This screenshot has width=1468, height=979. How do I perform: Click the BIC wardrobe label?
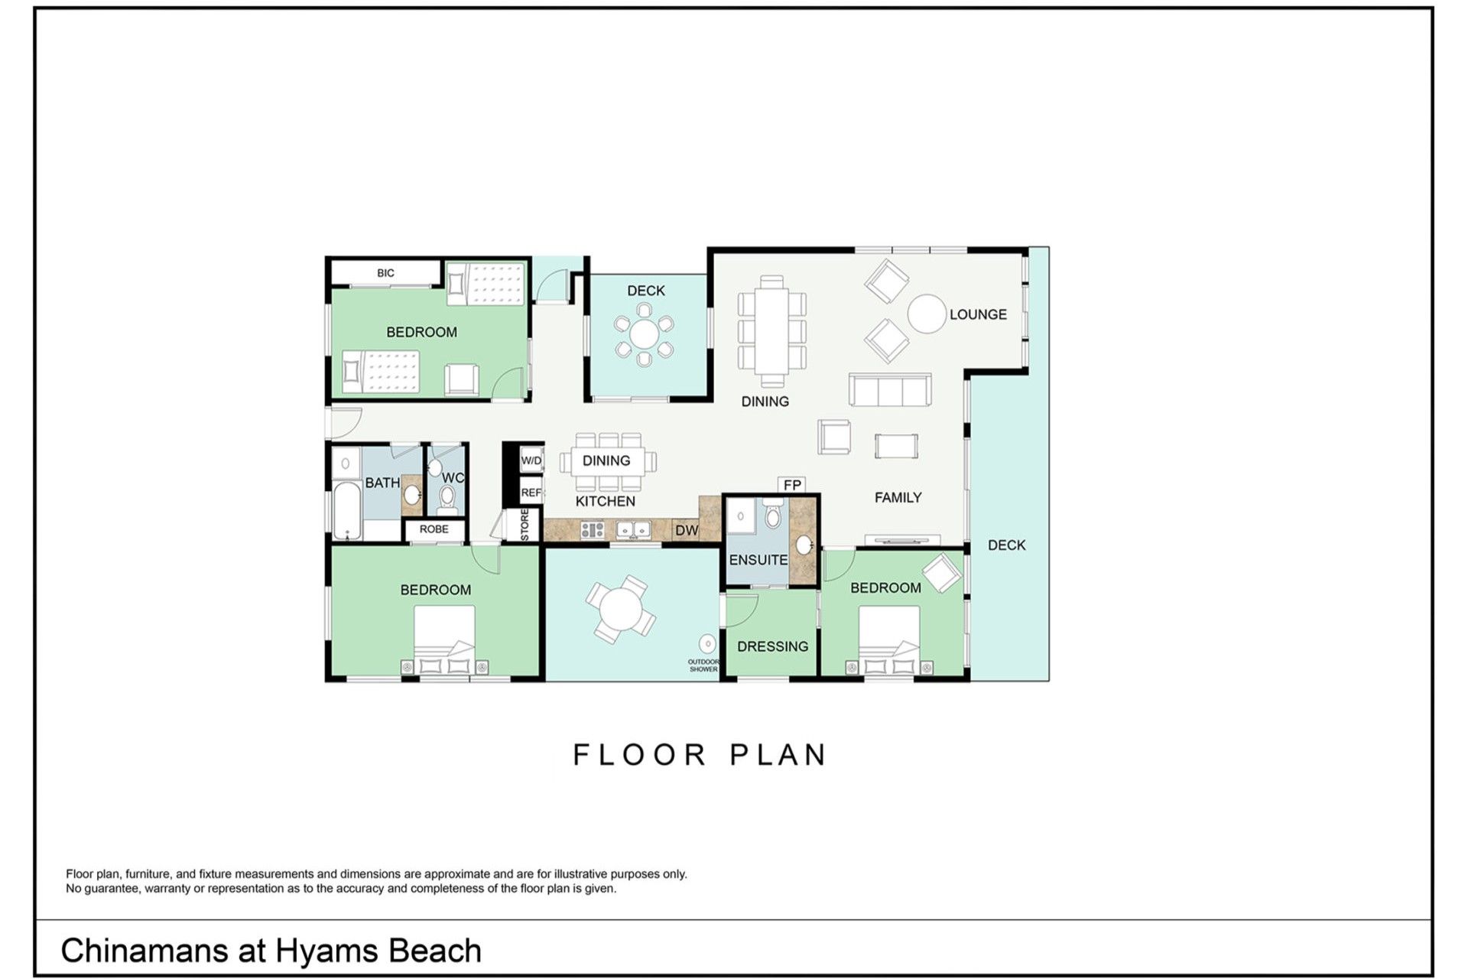pyautogui.click(x=385, y=273)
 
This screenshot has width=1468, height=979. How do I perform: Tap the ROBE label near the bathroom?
pyautogui.click(x=434, y=529)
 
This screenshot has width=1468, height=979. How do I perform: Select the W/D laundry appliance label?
pyautogui.click(x=531, y=460)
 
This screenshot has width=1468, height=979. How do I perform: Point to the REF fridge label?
pyautogui.click(x=531, y=493)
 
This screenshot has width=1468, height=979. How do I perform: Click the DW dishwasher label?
pyautogui.click(x=686, y=530)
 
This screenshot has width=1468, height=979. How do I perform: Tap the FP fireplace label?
pyautogui.click(x=792, y=485)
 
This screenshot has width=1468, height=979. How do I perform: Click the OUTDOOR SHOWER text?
pyautogui.click(x=703, y=665)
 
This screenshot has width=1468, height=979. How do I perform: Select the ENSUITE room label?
pyautogui.click(x=758, y=560)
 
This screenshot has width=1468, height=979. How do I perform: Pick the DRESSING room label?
pyautogui.click(x=772, y=646)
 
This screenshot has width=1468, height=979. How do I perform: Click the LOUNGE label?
pyautogui.click(x=978, y=314)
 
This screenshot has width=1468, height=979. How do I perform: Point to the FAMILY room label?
pyautogui.click(x=898, y=497)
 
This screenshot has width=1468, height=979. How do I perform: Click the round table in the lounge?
pyautogui.click(x=927, y=314)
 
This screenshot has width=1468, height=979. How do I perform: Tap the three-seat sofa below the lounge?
pyautogui.click(x=890, y=390)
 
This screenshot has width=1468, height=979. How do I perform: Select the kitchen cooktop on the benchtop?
pyautogui.click(x=592, y=529)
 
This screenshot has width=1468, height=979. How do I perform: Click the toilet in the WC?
pyautogui.click(x=447, y=499)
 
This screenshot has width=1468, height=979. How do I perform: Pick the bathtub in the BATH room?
pyautogui.click(x=347, y=511)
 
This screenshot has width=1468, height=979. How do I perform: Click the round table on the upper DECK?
pyautogui.click(x=644, y=333)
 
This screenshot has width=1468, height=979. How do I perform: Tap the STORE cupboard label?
pyautogui.click(x=525, y=525)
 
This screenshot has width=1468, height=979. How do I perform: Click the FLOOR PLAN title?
pyautogui.click(x=700, y=755)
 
